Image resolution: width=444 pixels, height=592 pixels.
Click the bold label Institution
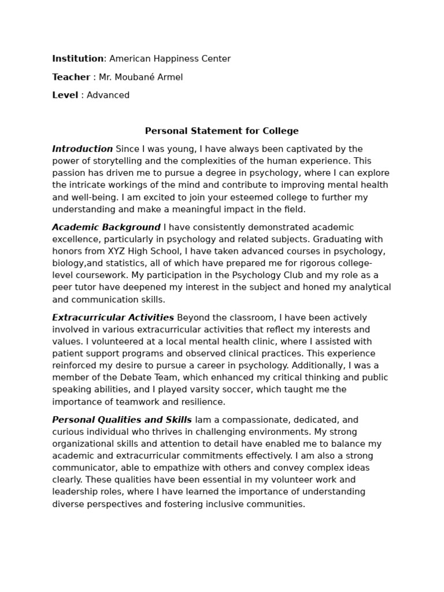[77, 58]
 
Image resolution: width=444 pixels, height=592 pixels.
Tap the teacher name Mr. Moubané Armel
[140, 77]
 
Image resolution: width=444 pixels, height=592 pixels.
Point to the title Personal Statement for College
[221, 131]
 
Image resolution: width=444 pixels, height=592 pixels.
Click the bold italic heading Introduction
[82, 149]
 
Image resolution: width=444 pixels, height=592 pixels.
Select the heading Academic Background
[106, 227]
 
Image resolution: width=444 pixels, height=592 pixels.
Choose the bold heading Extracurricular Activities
[113, 317]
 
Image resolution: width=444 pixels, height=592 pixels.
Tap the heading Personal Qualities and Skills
[122, 420]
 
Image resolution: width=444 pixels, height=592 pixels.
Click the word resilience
[203, 402]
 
